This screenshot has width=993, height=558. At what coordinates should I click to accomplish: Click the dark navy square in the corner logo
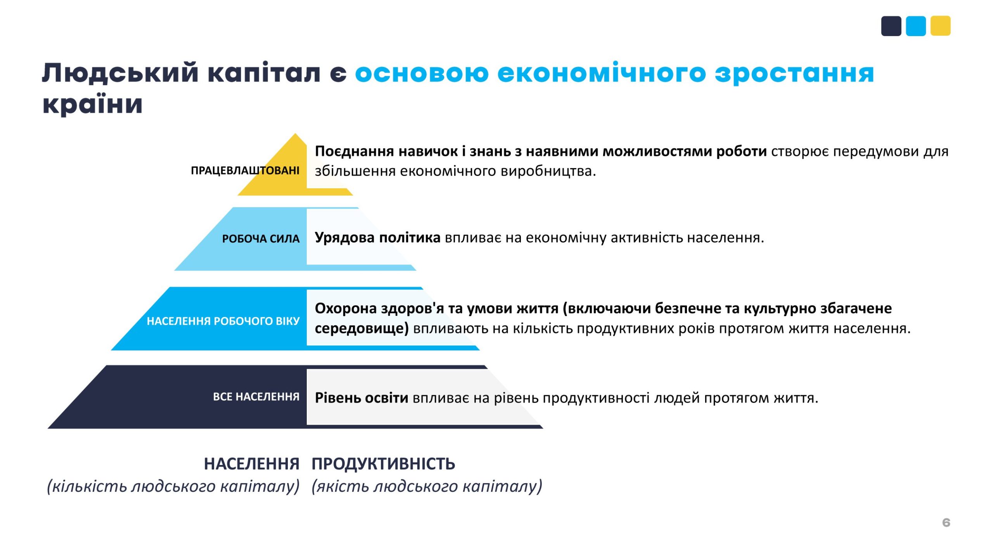[x=891, y=26]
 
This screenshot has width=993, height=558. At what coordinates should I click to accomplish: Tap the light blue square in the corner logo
[x=916, y=26]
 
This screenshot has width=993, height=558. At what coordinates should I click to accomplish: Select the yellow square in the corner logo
[x=941, y=26]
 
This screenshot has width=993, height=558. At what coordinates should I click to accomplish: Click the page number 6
[x=946, y=523]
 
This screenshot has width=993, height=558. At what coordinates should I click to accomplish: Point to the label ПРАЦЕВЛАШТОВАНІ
[x=245, y=170]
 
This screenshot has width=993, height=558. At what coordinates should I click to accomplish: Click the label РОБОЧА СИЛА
[x=261, y=239]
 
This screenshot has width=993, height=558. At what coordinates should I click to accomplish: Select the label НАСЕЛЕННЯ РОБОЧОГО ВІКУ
[x=223, y=321]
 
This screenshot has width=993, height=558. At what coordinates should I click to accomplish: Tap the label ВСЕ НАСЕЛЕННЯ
[x=256, y=397]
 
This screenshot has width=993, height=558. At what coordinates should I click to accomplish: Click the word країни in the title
[x=92, y=104]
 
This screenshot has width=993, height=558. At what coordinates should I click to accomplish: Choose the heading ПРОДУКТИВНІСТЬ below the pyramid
[x=383, y=464]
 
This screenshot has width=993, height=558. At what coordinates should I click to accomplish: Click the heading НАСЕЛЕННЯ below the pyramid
[x=252, y=464]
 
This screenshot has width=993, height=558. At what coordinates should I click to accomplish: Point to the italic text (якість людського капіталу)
[x=427, y=486]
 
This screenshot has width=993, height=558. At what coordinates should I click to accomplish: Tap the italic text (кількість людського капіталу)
[x=173, y=486]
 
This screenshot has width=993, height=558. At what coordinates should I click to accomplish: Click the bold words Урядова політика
[x=377, y=238]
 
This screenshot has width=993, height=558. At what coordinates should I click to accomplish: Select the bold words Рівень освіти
[x=362, y=398]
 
